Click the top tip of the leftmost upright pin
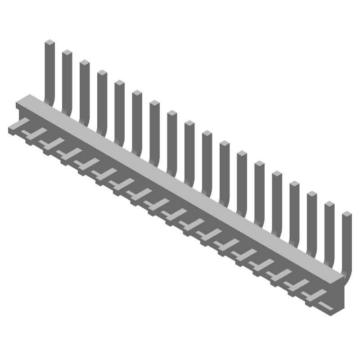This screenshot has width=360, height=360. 49,43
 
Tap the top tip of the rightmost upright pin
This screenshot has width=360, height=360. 346,215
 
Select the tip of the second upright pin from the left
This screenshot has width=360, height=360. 67,53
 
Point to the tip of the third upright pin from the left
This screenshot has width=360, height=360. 85,63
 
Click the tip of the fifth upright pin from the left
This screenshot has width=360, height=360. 119,84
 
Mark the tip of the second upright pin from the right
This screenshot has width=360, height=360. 329,205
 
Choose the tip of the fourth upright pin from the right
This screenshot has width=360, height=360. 294,184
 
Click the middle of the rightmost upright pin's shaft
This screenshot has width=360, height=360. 346,243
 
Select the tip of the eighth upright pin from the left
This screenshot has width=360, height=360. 172,114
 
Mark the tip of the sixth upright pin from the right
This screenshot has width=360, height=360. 259,164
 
